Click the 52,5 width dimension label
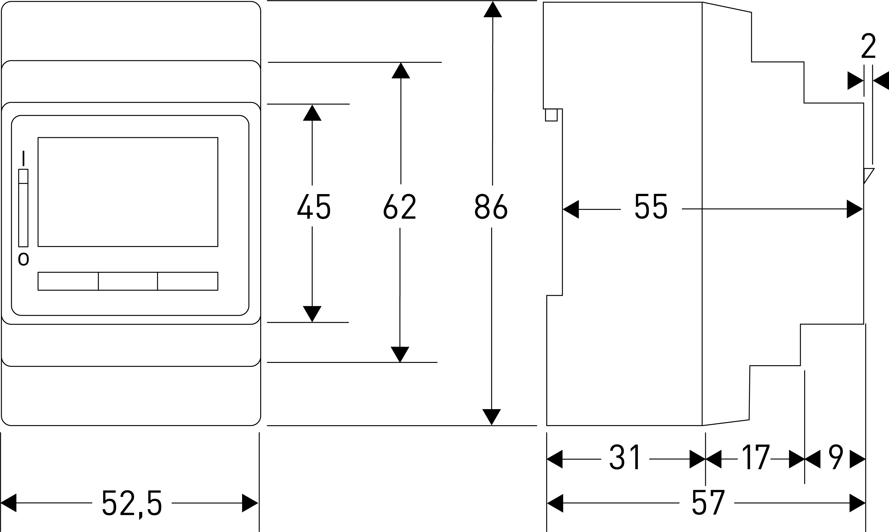tap(132, 503)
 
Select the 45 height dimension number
tap(314, 206)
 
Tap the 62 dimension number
tap(399, 206)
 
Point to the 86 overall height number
tap(491, 206)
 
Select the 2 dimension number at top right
tap(868, 46)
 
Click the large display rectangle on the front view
tap(128, 192)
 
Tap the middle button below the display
tap(128, 281)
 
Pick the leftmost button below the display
tap(68, 281)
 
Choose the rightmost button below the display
tap(188, 281)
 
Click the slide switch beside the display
tap(23, 208)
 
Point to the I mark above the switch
tap(23, 158)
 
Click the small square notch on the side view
tap(551, 115)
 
